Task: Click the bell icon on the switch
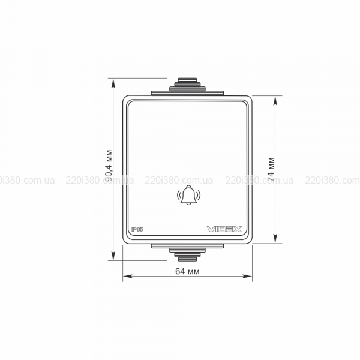188,195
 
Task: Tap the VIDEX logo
224,229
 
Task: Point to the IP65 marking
137,229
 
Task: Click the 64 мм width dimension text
187,271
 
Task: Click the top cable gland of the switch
187,87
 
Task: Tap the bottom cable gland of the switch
187,253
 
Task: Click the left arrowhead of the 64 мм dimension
127,276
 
